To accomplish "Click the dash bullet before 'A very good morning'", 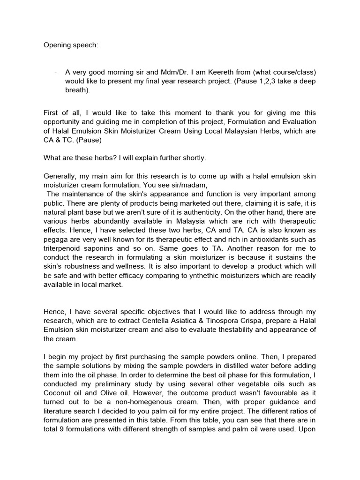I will [56, 72].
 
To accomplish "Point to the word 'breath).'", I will [77, 90].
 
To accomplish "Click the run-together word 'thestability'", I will [221, 330].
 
